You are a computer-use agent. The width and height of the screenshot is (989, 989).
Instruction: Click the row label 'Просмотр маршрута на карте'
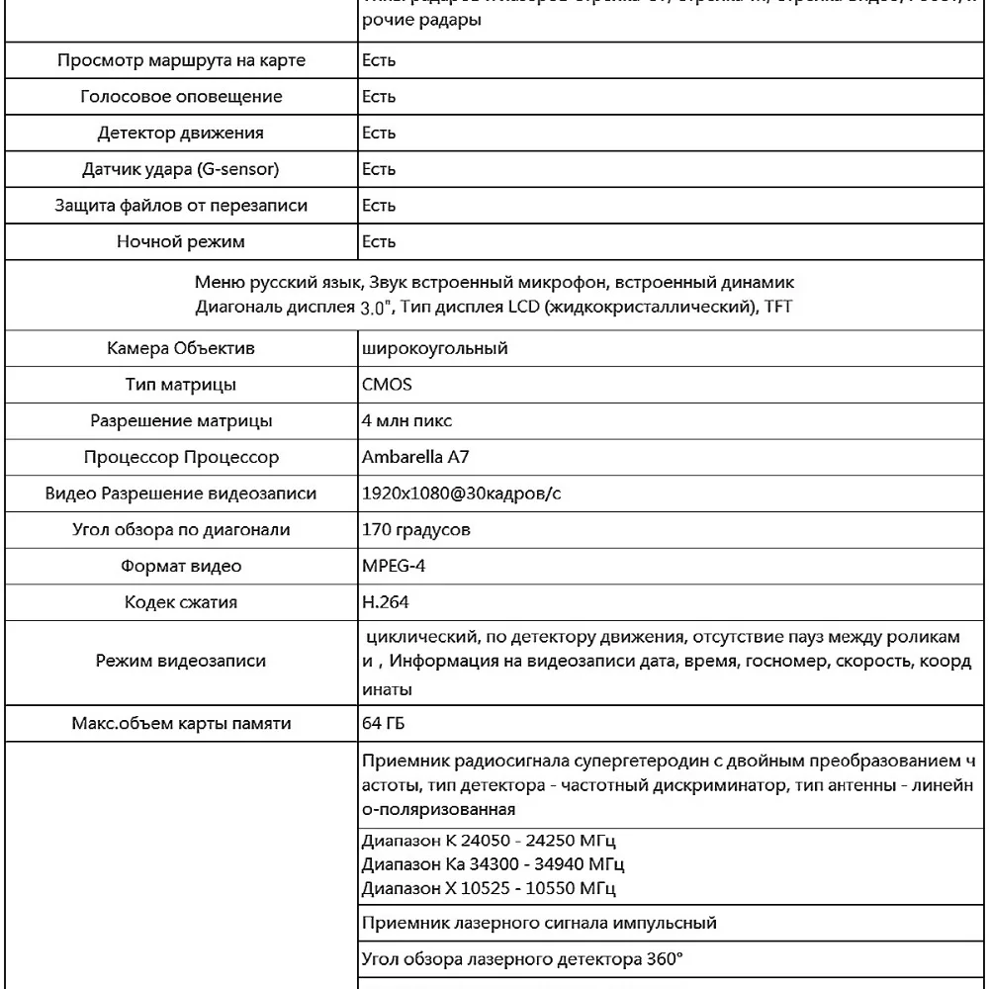[181, 60]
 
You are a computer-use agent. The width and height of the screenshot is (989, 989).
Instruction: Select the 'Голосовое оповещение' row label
[181, 97]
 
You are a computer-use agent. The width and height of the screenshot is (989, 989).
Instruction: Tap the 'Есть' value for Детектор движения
[379, 133]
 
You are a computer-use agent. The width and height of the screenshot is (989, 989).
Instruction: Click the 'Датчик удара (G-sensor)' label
[181, 169]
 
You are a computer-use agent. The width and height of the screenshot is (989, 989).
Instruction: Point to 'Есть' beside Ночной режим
[379, 241]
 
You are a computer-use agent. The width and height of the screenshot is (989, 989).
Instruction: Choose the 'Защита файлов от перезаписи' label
[181, 206]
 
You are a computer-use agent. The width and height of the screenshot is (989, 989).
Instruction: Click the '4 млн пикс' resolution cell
[407, 420]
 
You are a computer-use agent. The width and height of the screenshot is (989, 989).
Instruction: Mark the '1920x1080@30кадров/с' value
[462, 494]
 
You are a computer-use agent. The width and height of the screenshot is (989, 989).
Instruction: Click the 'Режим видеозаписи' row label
[181, 661]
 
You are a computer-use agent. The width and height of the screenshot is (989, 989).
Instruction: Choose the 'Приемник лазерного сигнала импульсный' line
[539, 924]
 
